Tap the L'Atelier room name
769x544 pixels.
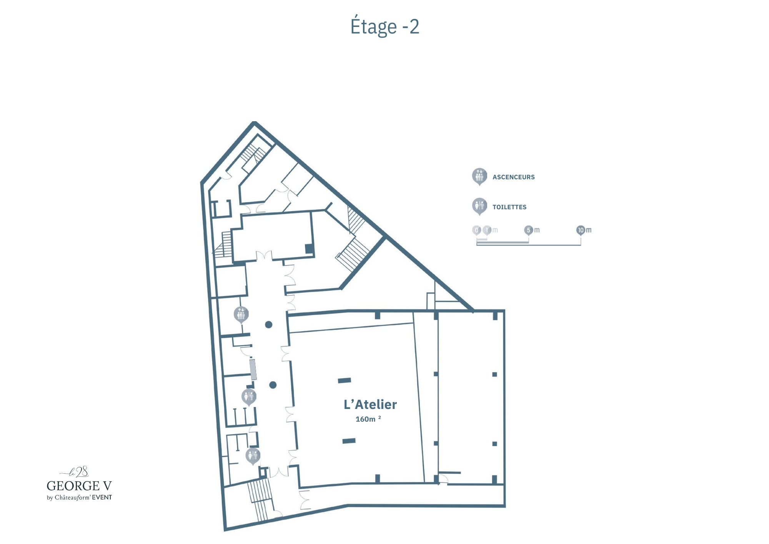(370, 404)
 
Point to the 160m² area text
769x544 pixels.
(368, 419)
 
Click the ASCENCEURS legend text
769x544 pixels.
(513, 177)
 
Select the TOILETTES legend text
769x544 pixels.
(509, 207)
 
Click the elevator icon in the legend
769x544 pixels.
(479, 177)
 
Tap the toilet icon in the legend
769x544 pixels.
(479, 206)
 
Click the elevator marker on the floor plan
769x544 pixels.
(241, 315)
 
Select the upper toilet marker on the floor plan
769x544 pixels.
(249, 397)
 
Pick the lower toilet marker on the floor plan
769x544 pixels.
(253, 456)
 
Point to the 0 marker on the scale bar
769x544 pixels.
(477, 230)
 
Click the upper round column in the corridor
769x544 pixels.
(269, 325)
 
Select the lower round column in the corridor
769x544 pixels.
(273, 385)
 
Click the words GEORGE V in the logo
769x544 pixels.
(79, 486)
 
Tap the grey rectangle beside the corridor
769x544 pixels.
(253, 370)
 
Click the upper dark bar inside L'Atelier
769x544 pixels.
(345, 380)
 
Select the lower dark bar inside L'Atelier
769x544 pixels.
(349, 441)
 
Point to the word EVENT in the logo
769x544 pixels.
(102, 497)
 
